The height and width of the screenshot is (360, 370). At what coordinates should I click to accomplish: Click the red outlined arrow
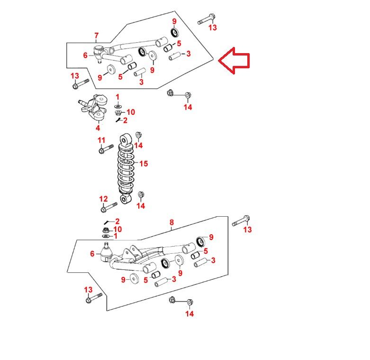pyautogui.click(x=234, y=60)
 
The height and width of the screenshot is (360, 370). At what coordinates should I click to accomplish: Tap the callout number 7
pyautogui.click(x=96, y=36)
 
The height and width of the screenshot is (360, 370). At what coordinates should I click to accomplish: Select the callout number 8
pyautogui.click(x=171, y=222)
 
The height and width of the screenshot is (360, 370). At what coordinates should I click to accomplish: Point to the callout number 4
pyautogui.click(x=98, y=128)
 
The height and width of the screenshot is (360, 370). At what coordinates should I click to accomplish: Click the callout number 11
pyautogui.click(x=101, y=140)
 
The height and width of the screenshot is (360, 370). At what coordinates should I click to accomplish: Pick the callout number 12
pyautogui.click(x=103, y=199)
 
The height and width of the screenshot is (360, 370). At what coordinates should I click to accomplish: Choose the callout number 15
pyautogui.click(x=144, y=164)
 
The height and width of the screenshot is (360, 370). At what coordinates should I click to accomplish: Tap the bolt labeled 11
pyautogui.click(x=106, y=149)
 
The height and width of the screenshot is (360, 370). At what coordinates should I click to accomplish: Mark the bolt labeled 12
pyautogui.click(x=109, y=207)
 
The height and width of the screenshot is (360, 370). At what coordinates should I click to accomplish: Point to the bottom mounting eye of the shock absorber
pyautogui.click(x=126, y=199)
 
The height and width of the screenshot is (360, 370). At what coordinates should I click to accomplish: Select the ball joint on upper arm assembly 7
pyautogui.click(x=99, y=54)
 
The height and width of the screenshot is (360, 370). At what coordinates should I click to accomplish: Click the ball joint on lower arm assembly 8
pyautogui.click(x=106, y=252)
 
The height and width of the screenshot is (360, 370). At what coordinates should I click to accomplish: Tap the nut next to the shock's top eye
pyautogui.click(x=138, y=135)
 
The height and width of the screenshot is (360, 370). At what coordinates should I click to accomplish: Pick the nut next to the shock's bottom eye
pyautogui.click(x=141, y=194)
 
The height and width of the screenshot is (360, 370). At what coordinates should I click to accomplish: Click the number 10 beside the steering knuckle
pyautogui.click(x=131, y=112)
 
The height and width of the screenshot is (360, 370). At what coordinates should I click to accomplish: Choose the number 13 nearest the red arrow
pyautogui.click(x=212, y=28)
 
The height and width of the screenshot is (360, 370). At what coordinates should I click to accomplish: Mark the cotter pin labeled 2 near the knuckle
pyautogui.click(x=118, y=120)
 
